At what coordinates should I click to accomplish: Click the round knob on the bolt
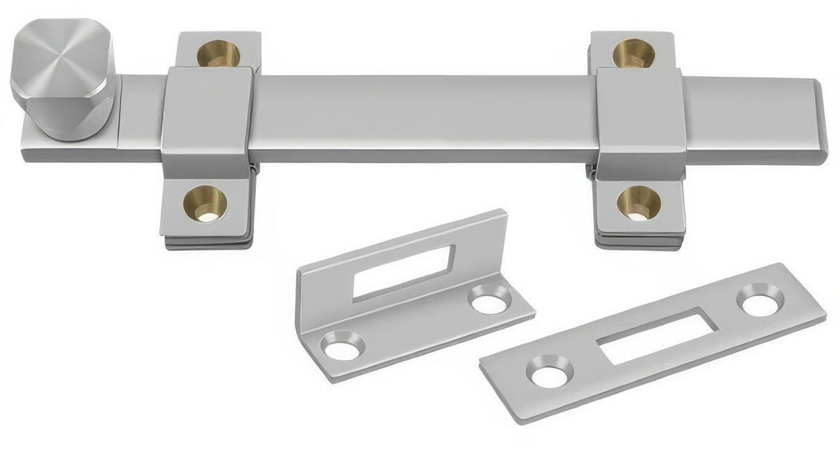point(62,80)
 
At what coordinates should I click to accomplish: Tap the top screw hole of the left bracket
point(218,54)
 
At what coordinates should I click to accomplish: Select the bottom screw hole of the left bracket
point(206,203)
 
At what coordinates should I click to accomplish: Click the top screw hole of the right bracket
point(633,53)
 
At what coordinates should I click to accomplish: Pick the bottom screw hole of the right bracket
point(638,203)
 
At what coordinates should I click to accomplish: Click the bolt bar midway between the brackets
point(422,114)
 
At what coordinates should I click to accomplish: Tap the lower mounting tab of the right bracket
point(638,211)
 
